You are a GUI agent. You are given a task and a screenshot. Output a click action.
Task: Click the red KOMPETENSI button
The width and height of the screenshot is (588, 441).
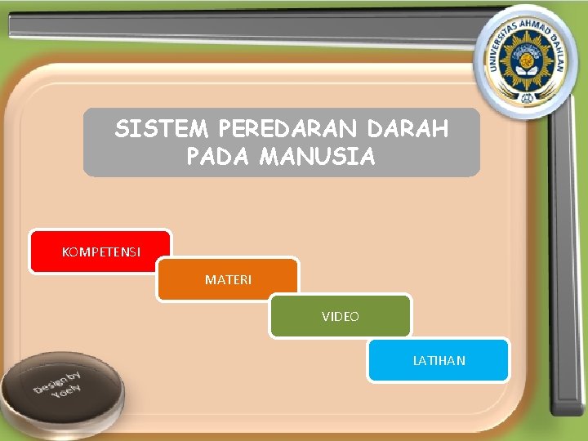click(x=100, y=251)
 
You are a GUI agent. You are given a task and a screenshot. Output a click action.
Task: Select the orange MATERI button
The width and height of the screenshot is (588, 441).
click(x=228, y=280)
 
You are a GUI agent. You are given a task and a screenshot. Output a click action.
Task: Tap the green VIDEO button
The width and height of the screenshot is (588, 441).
click(x=341, y=316)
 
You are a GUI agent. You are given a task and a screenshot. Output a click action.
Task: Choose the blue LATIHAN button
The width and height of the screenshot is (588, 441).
click(x=439, y=360)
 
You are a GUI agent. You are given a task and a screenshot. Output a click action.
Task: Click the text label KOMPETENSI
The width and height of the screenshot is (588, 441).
click(x=100, y=252)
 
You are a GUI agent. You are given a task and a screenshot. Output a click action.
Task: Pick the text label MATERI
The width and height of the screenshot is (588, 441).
click(x=229, y=280)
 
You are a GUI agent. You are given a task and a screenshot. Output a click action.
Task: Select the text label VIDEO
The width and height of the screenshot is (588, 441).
click(x=341, y=316)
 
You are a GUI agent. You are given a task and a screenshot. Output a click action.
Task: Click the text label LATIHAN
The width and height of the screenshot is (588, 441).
click(x=439, y=360)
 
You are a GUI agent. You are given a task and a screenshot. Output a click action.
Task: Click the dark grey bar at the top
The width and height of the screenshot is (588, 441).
click(x=245, y=28)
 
